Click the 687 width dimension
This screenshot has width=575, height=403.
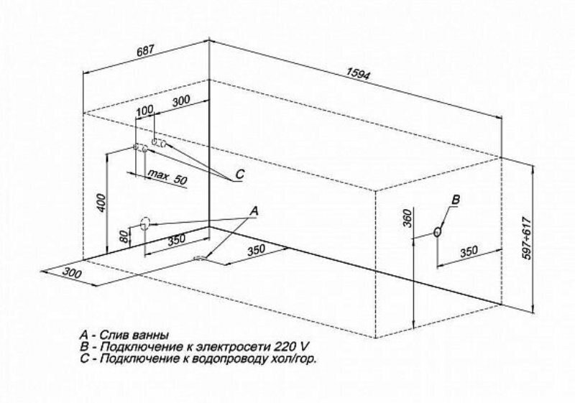[147, 52]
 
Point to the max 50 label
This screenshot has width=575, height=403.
[167, 177]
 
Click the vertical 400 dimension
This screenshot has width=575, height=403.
[103, 205]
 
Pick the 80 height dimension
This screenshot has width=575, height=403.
[124, 236]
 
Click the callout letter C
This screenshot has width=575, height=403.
[240, 175]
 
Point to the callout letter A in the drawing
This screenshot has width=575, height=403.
[252, 210]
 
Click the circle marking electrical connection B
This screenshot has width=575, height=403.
[438, 232]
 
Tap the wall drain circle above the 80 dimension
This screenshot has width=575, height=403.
[145, 223]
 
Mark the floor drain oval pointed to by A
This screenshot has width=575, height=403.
[199, 258]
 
